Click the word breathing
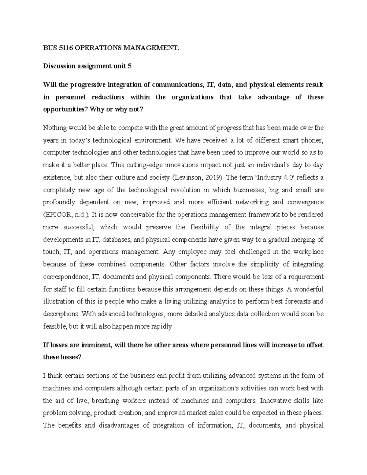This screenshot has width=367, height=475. (x=105, y=401)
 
